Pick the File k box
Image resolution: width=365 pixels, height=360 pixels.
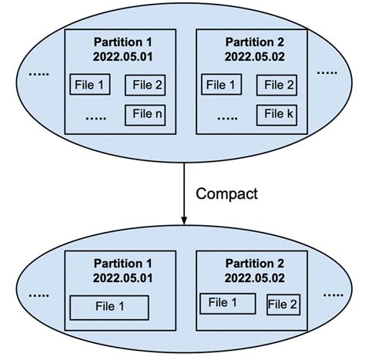coord(280,116)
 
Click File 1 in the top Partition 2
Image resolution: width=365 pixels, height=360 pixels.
coord(223,85)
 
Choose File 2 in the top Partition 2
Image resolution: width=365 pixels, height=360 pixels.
coord(280,85)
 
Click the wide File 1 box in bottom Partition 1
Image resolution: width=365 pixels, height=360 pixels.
coord(109,306)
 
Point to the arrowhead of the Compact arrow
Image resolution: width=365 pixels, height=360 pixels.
coord(183,220)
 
